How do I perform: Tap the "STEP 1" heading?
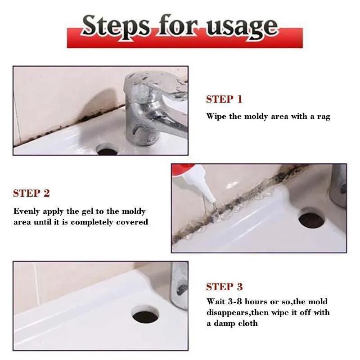(224, 99)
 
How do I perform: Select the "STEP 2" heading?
(31, 193)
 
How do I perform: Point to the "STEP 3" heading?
(224, 287)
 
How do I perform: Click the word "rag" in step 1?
(323, 117)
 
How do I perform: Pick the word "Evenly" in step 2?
(27, 211)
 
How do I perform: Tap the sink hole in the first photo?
(107, 150)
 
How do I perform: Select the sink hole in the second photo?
(311, 219)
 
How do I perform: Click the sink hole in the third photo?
(145, 315)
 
